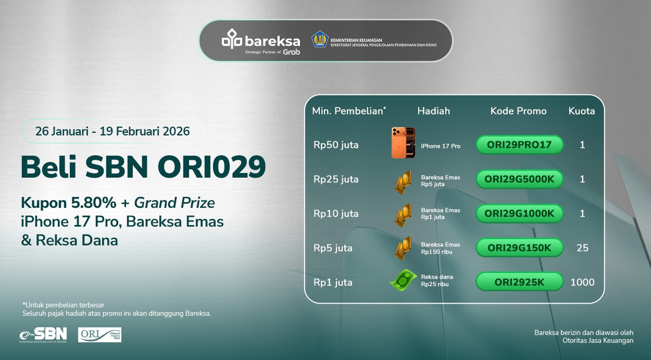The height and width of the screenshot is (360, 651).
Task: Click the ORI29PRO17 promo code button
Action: [x=519, y=145]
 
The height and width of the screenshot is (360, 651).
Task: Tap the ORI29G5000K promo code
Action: [x=519, y=179]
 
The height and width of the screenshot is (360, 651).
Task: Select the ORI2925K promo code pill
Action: [x=519, y=282]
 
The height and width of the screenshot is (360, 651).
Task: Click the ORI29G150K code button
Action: [x=519, y=248]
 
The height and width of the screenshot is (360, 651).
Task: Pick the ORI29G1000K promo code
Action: [x=519, y=214]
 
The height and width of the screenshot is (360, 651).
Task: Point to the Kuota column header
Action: [x=582, y=111]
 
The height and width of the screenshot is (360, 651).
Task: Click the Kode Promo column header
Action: [x=518, y=111]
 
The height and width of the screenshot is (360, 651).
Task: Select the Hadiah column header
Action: [x=433, y=111]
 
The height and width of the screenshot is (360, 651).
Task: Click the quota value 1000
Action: [x=582, y=282]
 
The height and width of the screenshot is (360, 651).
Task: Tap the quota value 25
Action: [x=582, y=248]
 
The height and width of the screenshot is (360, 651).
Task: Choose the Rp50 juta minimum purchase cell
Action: [x=336, y=145]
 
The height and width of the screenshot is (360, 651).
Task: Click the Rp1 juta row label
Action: [x=333, y=282]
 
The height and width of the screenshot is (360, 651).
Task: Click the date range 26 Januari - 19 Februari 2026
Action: [x=112, y=131]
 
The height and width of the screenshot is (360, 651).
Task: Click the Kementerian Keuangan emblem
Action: [x=320, y=40]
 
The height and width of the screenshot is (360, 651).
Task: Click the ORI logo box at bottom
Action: [x=99, y=335]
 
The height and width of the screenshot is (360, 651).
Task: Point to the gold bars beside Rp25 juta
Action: [x=403, y=180]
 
